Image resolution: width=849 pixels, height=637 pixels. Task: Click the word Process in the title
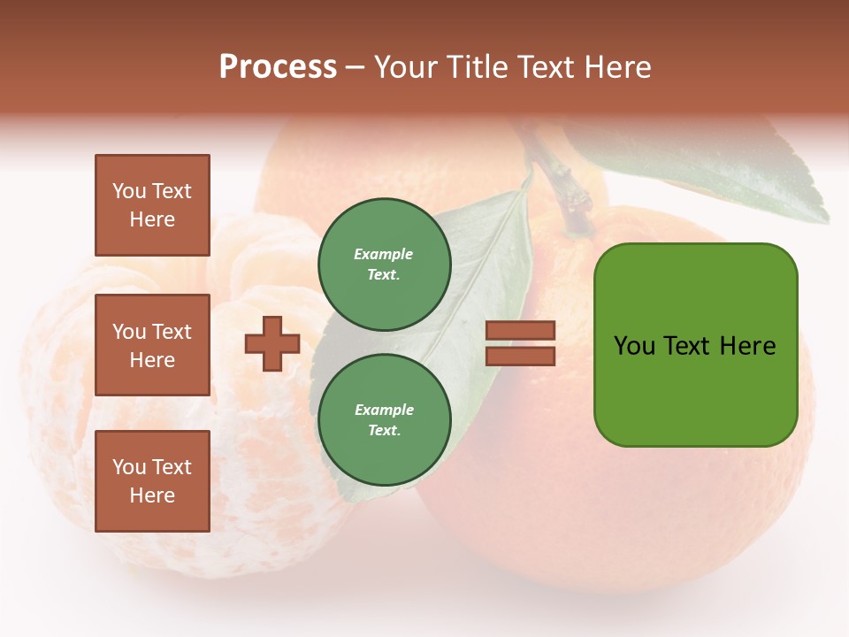278,67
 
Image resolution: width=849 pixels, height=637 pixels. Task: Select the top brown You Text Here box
152,205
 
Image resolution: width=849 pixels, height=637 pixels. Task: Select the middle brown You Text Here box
152,345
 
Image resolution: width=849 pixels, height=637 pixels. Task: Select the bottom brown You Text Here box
152,481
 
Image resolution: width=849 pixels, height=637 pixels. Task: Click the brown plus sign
272,343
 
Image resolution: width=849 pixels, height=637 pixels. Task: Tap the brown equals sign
520,343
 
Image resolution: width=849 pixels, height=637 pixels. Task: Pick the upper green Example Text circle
384,265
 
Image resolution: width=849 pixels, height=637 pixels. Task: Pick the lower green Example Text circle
384,420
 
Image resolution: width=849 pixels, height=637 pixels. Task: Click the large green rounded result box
695,345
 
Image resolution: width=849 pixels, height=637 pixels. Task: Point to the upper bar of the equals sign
520,331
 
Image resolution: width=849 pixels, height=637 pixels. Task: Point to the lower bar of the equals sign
520,356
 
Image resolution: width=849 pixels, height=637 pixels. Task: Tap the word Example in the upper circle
384,255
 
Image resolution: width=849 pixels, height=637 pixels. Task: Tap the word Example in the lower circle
384,411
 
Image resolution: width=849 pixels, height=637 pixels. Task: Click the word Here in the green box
748,346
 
